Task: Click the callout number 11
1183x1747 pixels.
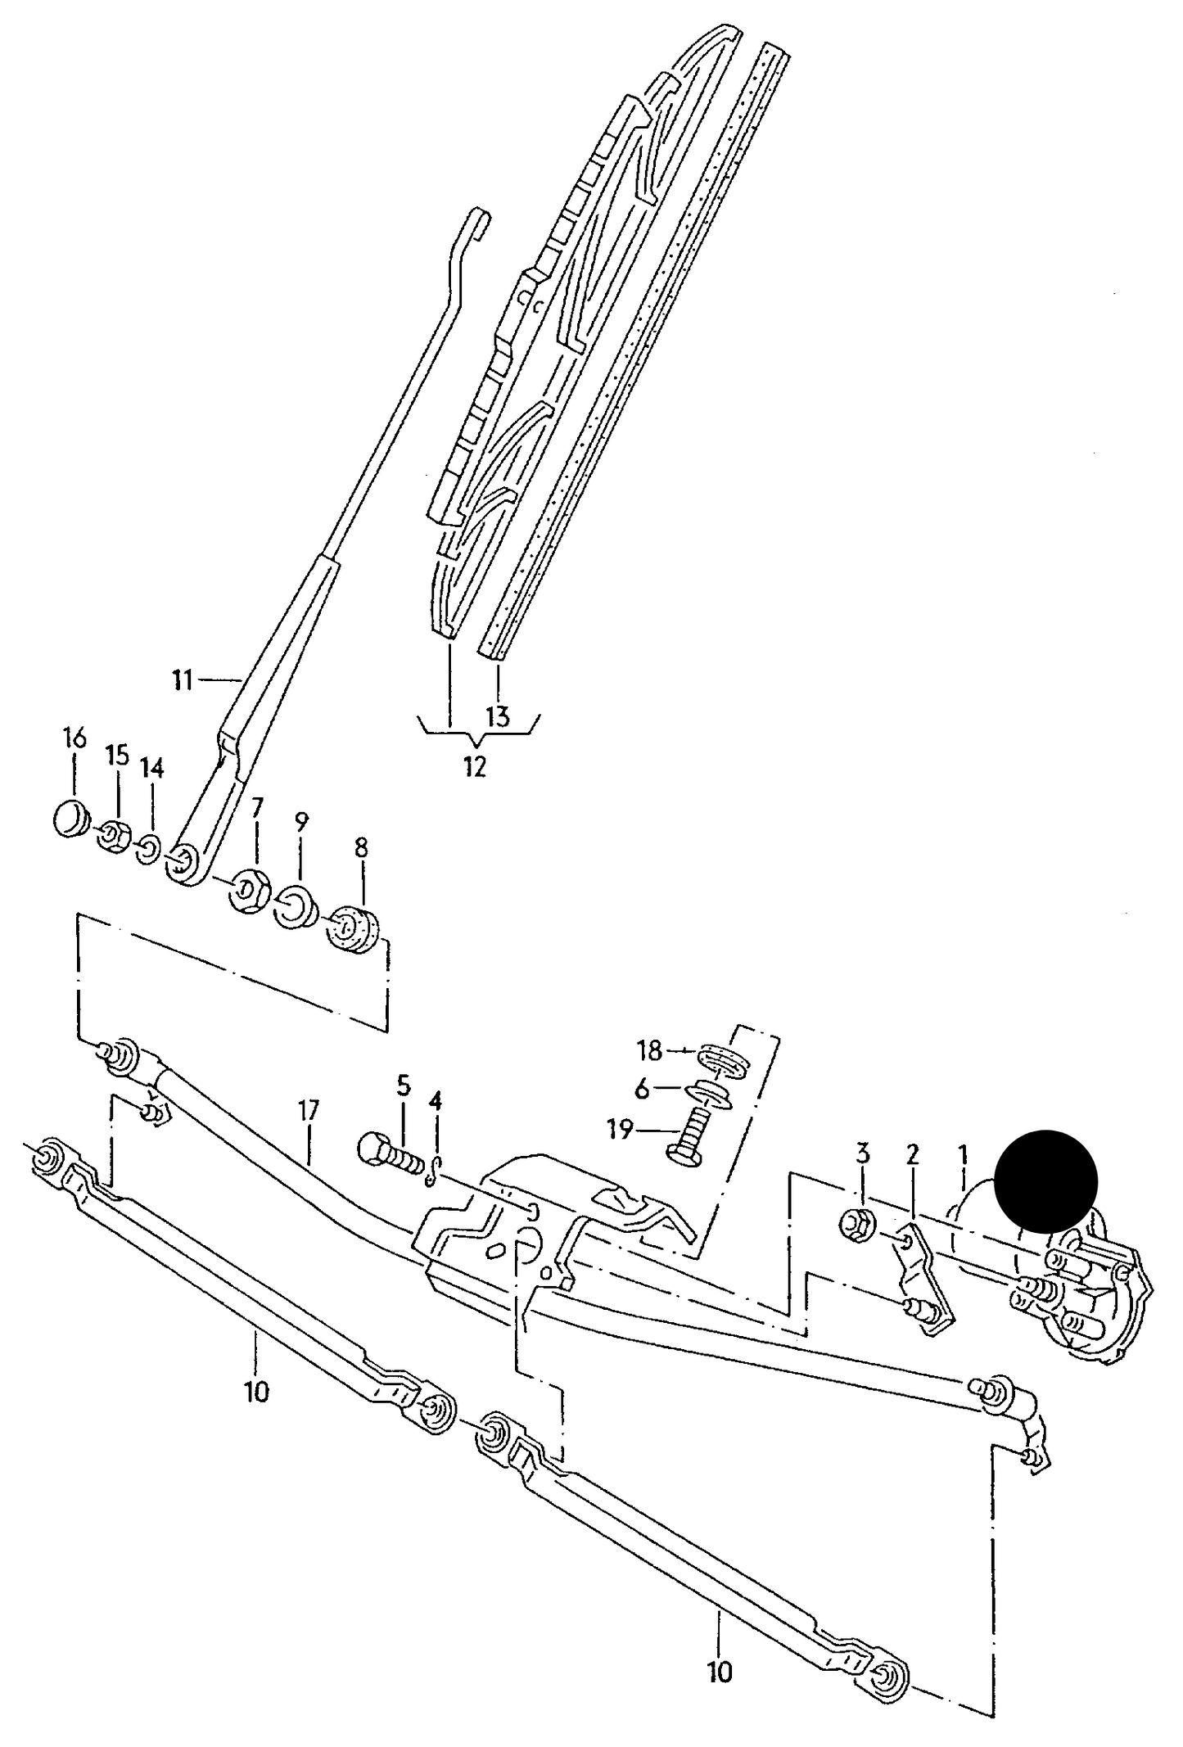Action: pos(182,679)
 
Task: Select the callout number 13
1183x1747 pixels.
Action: pos(498,717)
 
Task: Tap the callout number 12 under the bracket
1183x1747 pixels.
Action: pos(475,766)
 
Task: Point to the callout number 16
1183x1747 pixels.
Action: pos(74,738)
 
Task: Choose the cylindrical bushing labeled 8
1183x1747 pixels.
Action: pos(354,930)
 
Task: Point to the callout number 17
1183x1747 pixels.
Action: pos(309,1112)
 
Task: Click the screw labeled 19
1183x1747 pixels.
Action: pos(689,1132)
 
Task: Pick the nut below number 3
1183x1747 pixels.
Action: pos(857,1226)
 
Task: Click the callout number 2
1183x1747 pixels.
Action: pos(913,1155)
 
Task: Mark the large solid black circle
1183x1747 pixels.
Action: pos(1045,1180)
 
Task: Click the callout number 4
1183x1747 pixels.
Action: pos(435,1100)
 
